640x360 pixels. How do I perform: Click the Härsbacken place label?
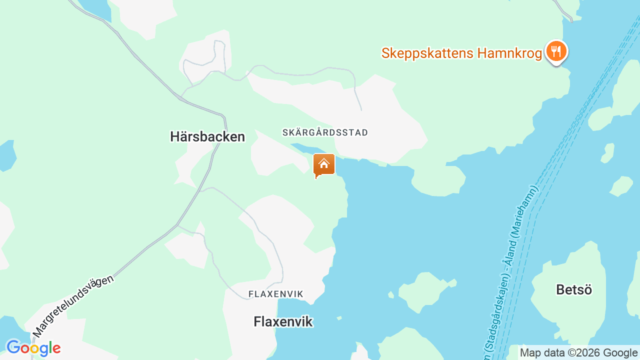pos(207,136)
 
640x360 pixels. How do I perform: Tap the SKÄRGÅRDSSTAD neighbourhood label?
pos(325,132)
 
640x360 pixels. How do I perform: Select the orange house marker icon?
pos(323,165)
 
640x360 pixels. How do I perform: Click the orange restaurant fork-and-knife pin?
pos(555,51)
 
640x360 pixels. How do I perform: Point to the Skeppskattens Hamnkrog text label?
pos(461,53)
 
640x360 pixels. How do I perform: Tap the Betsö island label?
pos(573,289)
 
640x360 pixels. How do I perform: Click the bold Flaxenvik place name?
pos(283,321)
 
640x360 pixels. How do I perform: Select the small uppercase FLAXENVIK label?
pos(276,294)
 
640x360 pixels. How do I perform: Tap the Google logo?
pos(33,348)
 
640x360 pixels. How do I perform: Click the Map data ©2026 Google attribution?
pos(578,352)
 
